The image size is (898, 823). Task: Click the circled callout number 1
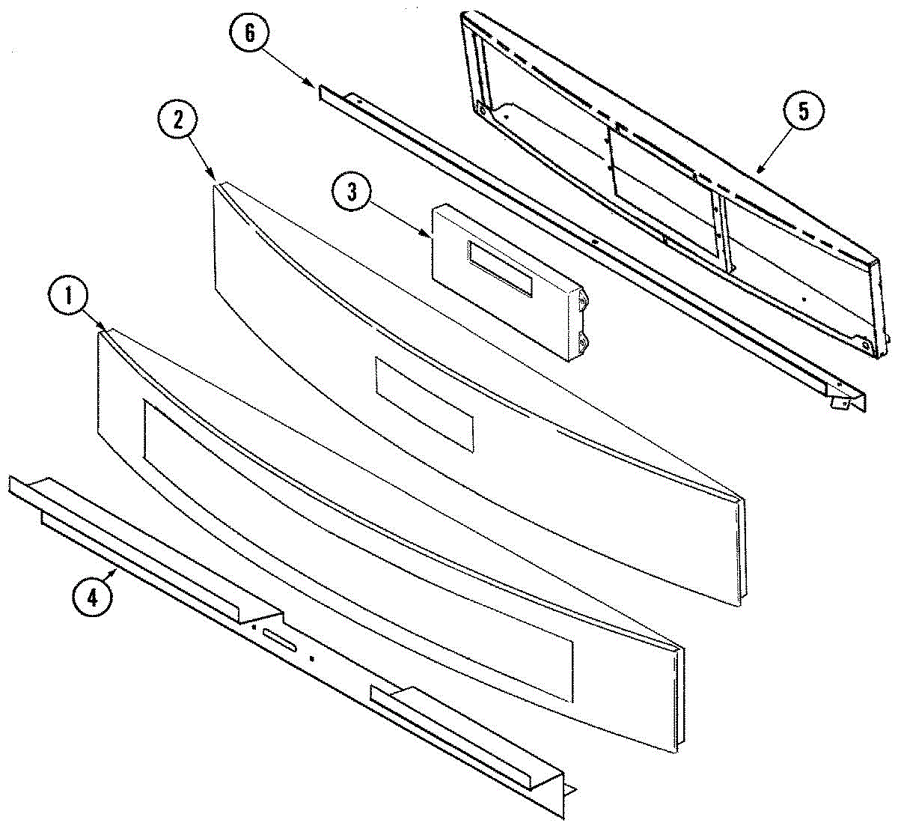click(x=68, y=297)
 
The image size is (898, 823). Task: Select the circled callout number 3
click(x=352, y=192)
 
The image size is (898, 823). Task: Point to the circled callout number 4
click(x=92, y=597)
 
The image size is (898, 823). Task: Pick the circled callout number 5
click(x=804, y=111)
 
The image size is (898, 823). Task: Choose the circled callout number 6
click(x=250, y=33)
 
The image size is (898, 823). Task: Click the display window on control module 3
click(x=500, y=269)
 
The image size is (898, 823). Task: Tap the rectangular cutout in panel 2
click(x=424, y=404)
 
